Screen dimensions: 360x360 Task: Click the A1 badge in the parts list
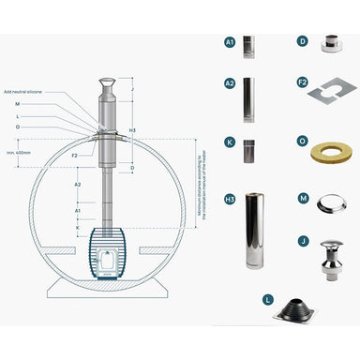point(230,42)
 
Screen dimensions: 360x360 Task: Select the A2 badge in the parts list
point(230,82)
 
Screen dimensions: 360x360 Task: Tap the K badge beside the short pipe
point(230,142)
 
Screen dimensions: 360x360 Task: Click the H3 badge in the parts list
point(230,200)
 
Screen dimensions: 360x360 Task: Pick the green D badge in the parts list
point(302,41)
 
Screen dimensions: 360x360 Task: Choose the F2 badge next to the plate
point(302,82)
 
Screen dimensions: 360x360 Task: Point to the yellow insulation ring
point(331,152)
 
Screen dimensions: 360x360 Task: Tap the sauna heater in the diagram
point(109,248)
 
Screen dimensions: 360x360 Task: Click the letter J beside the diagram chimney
point(132,90)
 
